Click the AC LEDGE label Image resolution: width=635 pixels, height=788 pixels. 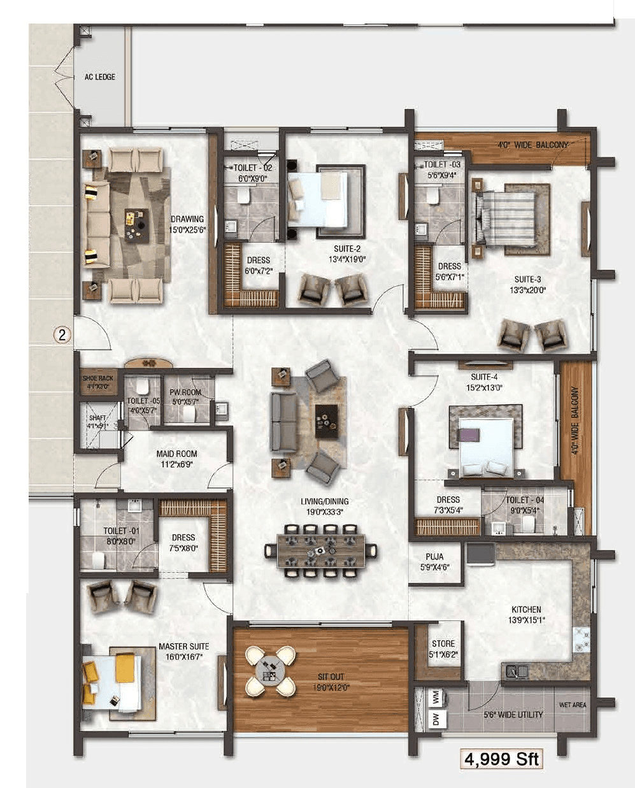pos(100,76)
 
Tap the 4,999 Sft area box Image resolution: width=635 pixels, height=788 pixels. pos(502,759)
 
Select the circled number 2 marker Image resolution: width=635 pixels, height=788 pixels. pos(62,335)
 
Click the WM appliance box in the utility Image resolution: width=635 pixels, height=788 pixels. pos(436,699)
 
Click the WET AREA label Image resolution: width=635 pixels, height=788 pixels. pos(573,705)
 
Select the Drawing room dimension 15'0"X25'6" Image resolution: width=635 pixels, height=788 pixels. pos(187,229)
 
